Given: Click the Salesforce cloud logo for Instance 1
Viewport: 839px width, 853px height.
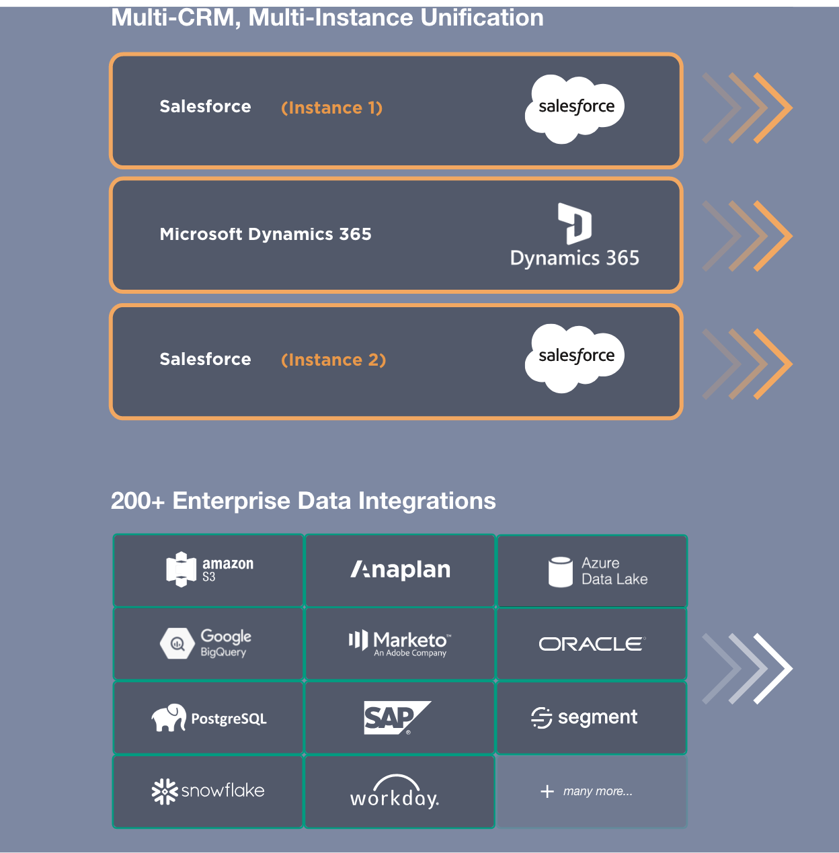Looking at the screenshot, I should [575, 108].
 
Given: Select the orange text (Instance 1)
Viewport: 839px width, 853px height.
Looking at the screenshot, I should [331, 108].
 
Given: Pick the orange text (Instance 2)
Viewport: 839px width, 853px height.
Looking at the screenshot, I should [333, 360].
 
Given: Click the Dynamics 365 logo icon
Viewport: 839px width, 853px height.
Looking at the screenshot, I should [575, 223].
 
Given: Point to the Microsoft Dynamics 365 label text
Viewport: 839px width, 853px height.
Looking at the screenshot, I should [266, 234].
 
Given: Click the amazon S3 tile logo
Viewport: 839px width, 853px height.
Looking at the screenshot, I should [209, 569].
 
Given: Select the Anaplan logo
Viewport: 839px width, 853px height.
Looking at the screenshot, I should [401, 570].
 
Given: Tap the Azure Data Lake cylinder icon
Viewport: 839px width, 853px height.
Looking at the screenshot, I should [560, 572].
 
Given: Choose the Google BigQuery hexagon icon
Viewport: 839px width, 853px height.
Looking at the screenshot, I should [177, 644].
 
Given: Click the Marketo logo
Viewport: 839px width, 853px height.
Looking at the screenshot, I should [399, 643].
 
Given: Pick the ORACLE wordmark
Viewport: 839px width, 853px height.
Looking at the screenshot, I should [592, 644].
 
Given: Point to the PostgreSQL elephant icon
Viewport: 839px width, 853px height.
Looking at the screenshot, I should [169, 718].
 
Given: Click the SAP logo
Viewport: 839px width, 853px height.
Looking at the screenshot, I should [397, 717].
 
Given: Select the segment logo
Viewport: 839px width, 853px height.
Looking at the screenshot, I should [584, 717].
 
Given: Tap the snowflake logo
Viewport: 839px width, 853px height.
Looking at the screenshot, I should [208, 791].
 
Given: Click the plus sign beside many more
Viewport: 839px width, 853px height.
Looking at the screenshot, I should [547, 792].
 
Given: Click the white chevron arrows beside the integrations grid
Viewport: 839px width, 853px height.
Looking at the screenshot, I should [748, 669].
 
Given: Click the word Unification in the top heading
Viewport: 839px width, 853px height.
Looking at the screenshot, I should [481, 17].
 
